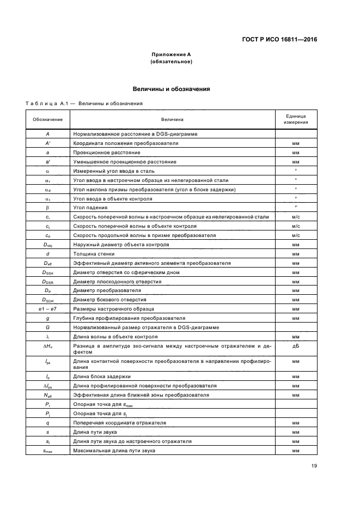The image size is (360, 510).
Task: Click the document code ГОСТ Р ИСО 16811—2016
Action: pos(279,39)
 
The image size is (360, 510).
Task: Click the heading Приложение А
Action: pos(171,54)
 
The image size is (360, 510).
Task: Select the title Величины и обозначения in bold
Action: pos(171,89)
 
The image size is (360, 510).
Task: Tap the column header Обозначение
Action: pos(48,119)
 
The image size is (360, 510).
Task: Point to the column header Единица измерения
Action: pos(296,119)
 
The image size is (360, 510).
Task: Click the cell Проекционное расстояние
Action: pos(107,153)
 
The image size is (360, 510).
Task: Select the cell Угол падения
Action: pos(90,208)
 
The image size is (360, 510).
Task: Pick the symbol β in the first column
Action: pos(48,208)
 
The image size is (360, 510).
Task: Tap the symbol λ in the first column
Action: pos(48,337)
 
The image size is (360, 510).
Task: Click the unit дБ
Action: pos(296,346)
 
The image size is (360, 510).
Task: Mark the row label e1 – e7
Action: pos(48,309)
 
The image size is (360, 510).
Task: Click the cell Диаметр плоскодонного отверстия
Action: pos(117,281)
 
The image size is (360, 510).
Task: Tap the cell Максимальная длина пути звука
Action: pos(114,451)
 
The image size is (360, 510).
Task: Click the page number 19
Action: pos(314,466)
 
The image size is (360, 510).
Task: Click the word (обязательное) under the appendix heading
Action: pos(171,62)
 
